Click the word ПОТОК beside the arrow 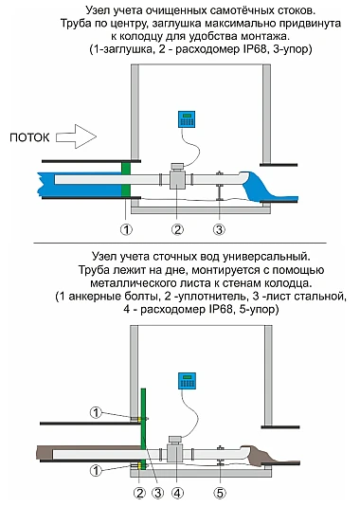29,137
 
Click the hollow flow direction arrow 76,136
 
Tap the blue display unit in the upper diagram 187,119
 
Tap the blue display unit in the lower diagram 187,381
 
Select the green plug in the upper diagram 126,180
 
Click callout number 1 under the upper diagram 126,229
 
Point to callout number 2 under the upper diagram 177,229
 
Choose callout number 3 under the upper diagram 219,229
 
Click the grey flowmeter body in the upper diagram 177,179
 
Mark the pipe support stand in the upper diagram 220,187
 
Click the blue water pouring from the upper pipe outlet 268,189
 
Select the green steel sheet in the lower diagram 144,427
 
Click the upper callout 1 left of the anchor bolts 96,412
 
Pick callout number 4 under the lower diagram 177,493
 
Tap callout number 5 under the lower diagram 220,493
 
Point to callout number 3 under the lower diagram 158,493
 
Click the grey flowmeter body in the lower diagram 174,453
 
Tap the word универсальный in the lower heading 266,257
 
